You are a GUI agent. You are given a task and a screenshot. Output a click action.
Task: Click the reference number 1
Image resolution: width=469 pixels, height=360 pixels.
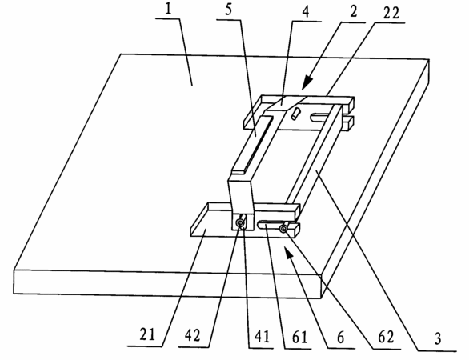168,10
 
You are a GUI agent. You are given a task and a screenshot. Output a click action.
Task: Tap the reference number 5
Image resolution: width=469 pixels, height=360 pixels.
228,10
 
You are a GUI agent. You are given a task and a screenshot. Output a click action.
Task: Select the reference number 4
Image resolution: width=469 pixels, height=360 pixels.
307,12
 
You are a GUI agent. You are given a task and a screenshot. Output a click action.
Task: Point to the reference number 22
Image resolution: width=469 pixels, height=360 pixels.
391,13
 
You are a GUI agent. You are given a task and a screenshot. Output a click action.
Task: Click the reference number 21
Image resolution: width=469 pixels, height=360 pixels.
147,334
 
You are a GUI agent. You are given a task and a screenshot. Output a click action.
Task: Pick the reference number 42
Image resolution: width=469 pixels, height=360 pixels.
192,336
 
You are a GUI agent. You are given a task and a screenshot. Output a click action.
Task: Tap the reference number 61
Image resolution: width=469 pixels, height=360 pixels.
300,338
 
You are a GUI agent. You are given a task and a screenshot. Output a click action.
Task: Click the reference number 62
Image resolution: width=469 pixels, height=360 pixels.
386,337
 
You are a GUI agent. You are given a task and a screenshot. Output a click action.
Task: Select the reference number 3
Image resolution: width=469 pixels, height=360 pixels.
438,338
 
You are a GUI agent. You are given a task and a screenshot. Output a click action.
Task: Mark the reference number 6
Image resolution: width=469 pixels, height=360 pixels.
341,338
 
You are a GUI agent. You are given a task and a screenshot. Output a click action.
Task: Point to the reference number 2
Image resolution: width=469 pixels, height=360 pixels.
353,12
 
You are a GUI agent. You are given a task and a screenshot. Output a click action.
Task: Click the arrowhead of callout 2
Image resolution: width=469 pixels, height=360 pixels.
307,82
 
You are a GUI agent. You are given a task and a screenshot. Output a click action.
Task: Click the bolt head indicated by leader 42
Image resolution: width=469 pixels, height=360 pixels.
240,222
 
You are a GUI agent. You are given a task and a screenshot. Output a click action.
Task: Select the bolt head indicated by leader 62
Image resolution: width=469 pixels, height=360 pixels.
283,229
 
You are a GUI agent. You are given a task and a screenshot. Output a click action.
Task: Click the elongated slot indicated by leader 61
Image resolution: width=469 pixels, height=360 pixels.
268,224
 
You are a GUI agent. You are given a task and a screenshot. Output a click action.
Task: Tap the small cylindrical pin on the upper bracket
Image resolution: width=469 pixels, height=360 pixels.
295,114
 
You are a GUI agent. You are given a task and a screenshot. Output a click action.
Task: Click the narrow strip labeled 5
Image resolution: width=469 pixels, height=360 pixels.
252,146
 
